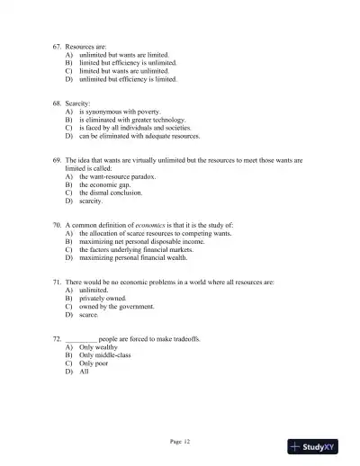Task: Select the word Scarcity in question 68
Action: point(80,104)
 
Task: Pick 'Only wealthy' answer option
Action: point(99,347)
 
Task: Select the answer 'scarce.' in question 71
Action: point(88,315)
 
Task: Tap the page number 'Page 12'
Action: point(180,442)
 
